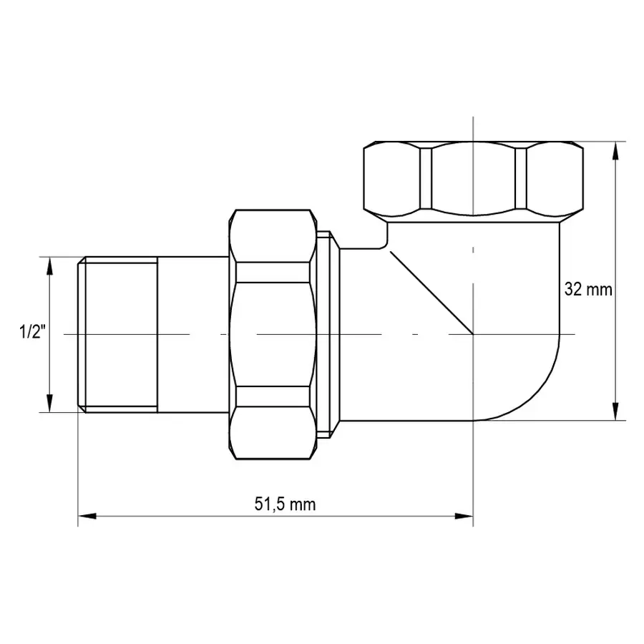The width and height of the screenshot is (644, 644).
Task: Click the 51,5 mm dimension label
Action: coord(284,504)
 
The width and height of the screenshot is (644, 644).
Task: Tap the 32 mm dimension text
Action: coord(588,290)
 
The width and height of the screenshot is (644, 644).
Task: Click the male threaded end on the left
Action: coord(117,334)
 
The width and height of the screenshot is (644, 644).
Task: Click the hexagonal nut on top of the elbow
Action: coord(473,176)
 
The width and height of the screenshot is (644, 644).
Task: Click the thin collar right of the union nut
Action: coord(326,334)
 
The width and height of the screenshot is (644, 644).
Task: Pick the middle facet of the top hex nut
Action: coord(473,176)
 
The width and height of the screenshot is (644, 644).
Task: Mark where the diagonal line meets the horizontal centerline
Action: coord(472,334)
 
